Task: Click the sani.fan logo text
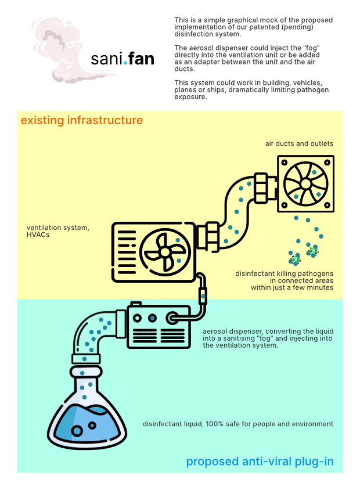point(123,59)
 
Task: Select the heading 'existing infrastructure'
point(82,121)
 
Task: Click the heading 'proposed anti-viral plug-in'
point(260,462)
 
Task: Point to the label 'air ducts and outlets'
point(300,143)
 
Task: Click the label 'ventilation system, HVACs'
point(58,230)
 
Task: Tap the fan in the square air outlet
point(305,183)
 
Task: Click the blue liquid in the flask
point(87,427)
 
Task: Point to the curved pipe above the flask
point(93,331)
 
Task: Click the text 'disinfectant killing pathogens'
point(284,273)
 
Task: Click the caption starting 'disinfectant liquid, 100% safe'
point(238,424)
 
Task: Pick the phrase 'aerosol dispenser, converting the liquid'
point(268,331)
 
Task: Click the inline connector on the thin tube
point(203,296)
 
